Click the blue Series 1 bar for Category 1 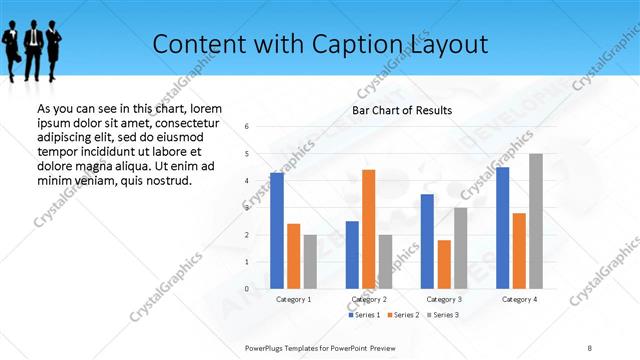click(x=277, y=231)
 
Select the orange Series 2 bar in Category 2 click(x=368, y=229)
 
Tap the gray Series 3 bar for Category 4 click(x=536, y=221)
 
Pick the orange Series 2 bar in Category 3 click(x=444, y=264)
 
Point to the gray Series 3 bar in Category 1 click(x=310, y=262)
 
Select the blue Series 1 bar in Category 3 click(x=427, y=241)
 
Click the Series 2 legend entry click(x=403, y=316)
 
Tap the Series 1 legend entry click(x=365, y=316)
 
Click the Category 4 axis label click(x=520, y=299)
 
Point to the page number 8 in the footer click(x=590, y=347)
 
